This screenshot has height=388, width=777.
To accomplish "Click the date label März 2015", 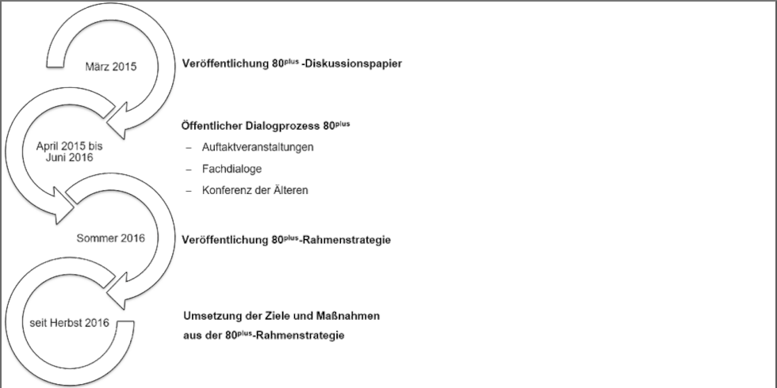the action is (x=110, y=67).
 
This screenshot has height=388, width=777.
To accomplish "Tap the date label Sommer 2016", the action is (x=110, y=238).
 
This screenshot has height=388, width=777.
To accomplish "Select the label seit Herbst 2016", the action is (x=70, y=323).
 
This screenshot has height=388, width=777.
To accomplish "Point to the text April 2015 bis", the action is (x=70, y=147).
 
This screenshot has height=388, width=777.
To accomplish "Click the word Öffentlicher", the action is (x=212, y=126).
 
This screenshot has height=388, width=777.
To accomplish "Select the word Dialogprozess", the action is (x=283, y=126).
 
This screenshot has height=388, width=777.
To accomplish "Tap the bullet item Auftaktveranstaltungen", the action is (x=258, y=147).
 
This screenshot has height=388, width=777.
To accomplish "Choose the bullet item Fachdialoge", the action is (x=232, y=169).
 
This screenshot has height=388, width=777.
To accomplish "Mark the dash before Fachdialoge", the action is (x=189, y=169).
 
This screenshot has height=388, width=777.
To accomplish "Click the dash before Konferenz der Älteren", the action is (x=189, y=191).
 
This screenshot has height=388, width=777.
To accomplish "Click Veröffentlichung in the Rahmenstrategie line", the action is (x=224, y=240).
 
